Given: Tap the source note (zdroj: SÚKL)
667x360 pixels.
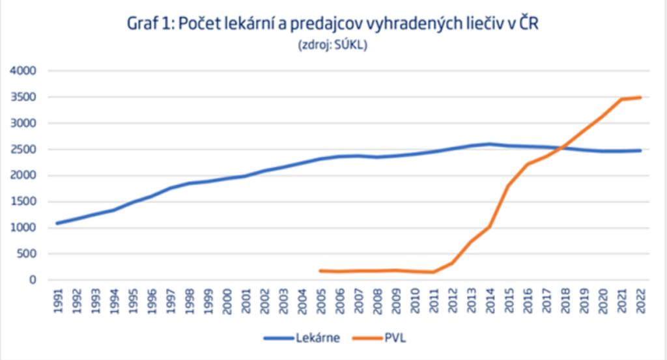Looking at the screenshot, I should click(x=333, y=45).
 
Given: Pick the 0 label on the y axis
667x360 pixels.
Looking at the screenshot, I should click(x=33, y=280).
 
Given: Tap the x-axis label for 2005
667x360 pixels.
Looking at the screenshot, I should click(x=322, y=301).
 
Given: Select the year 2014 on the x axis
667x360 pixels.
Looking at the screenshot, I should click(x=489, y=301).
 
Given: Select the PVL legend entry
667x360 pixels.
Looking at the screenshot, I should click(x=380, y=338).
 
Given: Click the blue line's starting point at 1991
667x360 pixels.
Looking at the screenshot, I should click(x=59, y=223).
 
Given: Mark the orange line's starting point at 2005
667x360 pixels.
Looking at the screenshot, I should click(x=320, y=271).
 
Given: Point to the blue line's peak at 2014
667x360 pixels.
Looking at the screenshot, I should click(x=489, y=144).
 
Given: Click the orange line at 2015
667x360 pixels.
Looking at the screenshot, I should click(x=508, y=186).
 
